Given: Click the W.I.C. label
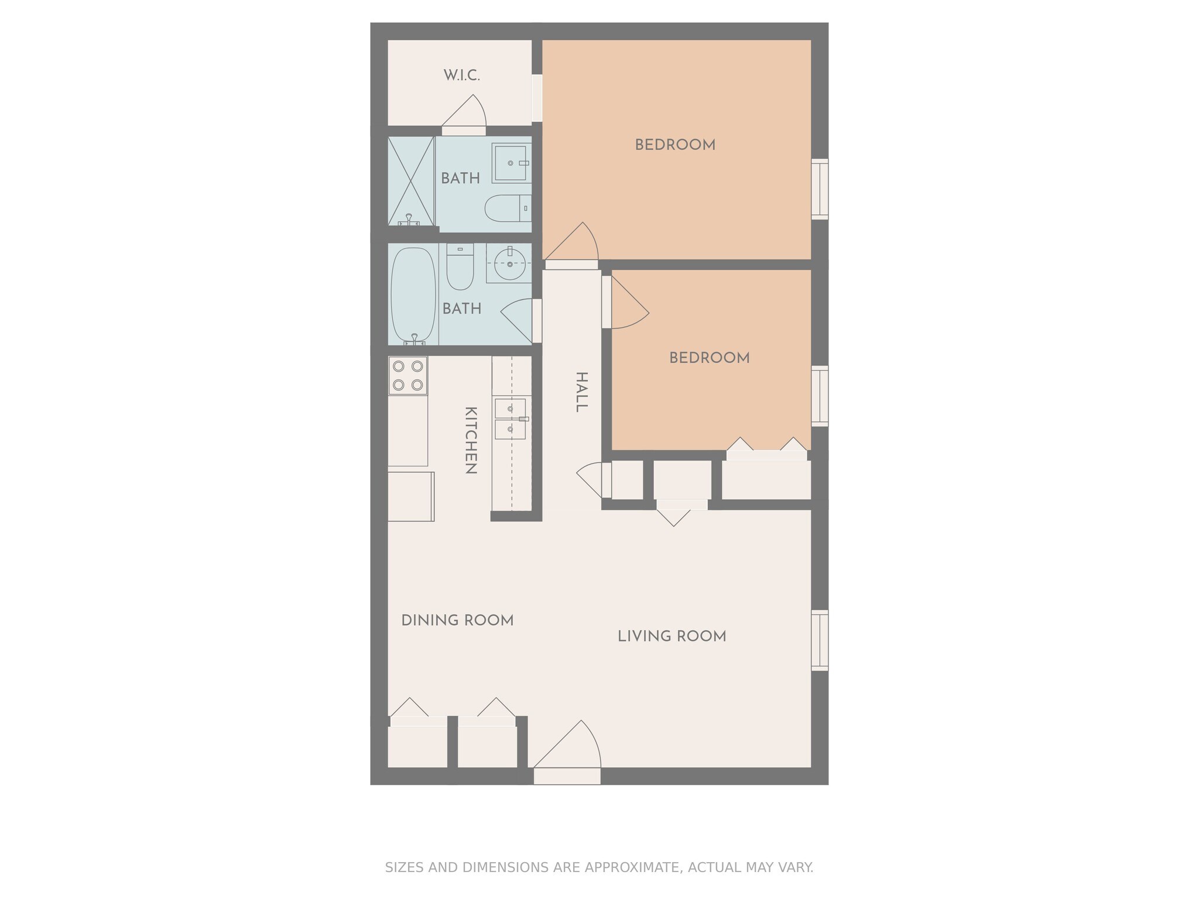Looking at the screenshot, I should click(x=461, y=76).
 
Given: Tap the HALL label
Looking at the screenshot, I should click(x=581, y=392).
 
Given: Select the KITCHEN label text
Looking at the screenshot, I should click(x=470, y=440).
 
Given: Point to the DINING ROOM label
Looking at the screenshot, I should click(x=457, y=620).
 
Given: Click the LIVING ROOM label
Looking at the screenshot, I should click(x=672, y=636).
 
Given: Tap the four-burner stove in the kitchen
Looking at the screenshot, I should click(x=407, y=375).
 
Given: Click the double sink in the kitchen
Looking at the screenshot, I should click(x=510, y=419).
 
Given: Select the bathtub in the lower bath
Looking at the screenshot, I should click(x=413, y=294).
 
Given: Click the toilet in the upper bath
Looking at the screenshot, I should click(x=507, y=209).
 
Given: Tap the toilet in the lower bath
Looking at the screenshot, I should click(x=460, y=268).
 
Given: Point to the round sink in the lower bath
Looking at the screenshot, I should click(x=509, y=264).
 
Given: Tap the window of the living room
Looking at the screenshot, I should click(x=820, y=640).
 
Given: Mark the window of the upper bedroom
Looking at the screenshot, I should click(x=820, y=189).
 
